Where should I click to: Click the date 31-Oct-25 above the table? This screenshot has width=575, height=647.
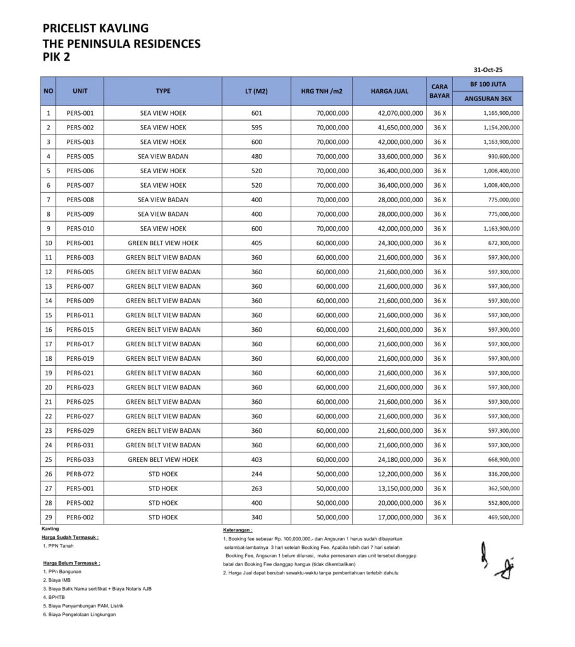point(488,70)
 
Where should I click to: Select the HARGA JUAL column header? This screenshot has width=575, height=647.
point(389,91)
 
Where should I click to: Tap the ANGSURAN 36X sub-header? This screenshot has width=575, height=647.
point(488,99)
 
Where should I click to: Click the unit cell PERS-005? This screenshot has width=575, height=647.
point(80,156)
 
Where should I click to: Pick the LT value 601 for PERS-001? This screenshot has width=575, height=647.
point(256,113)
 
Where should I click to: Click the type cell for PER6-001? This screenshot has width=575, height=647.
point(163,243)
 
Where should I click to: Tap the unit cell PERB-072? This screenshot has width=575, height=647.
point(80,474)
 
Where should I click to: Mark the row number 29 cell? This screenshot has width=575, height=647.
point(48,517)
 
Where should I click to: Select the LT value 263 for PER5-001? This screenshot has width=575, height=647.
point(256,488)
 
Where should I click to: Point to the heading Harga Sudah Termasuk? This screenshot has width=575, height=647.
point(70,537)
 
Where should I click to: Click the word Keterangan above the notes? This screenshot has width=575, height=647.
point(238,530)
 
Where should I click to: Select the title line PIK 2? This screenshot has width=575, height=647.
point(56,57)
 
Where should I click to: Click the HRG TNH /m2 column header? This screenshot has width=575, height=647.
point(322,91)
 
